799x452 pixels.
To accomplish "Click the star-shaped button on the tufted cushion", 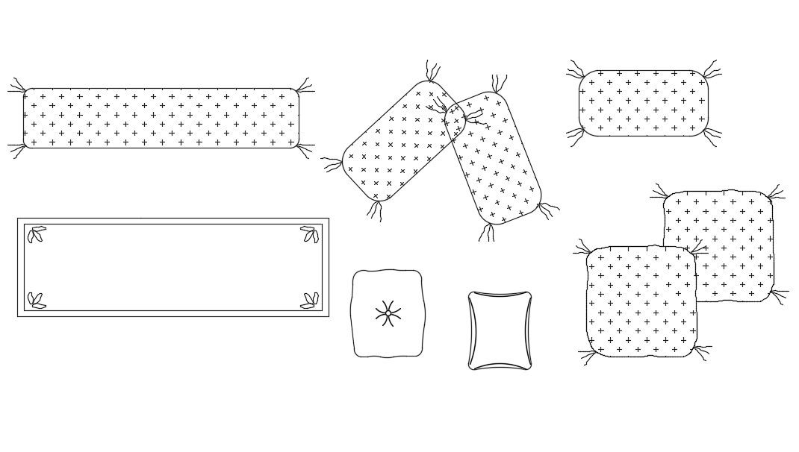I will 388,314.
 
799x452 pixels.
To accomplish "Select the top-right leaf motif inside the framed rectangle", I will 310,234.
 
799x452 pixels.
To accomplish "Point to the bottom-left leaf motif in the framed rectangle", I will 36,301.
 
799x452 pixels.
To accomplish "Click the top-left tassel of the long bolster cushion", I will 17,87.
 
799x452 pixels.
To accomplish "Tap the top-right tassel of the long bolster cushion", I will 304,86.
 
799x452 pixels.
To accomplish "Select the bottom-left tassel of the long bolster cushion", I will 17,149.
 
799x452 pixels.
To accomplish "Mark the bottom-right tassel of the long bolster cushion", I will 304,149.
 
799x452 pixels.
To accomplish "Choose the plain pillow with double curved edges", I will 500,330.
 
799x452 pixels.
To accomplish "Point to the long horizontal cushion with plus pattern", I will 161,118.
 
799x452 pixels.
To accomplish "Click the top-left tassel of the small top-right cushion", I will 575,71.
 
